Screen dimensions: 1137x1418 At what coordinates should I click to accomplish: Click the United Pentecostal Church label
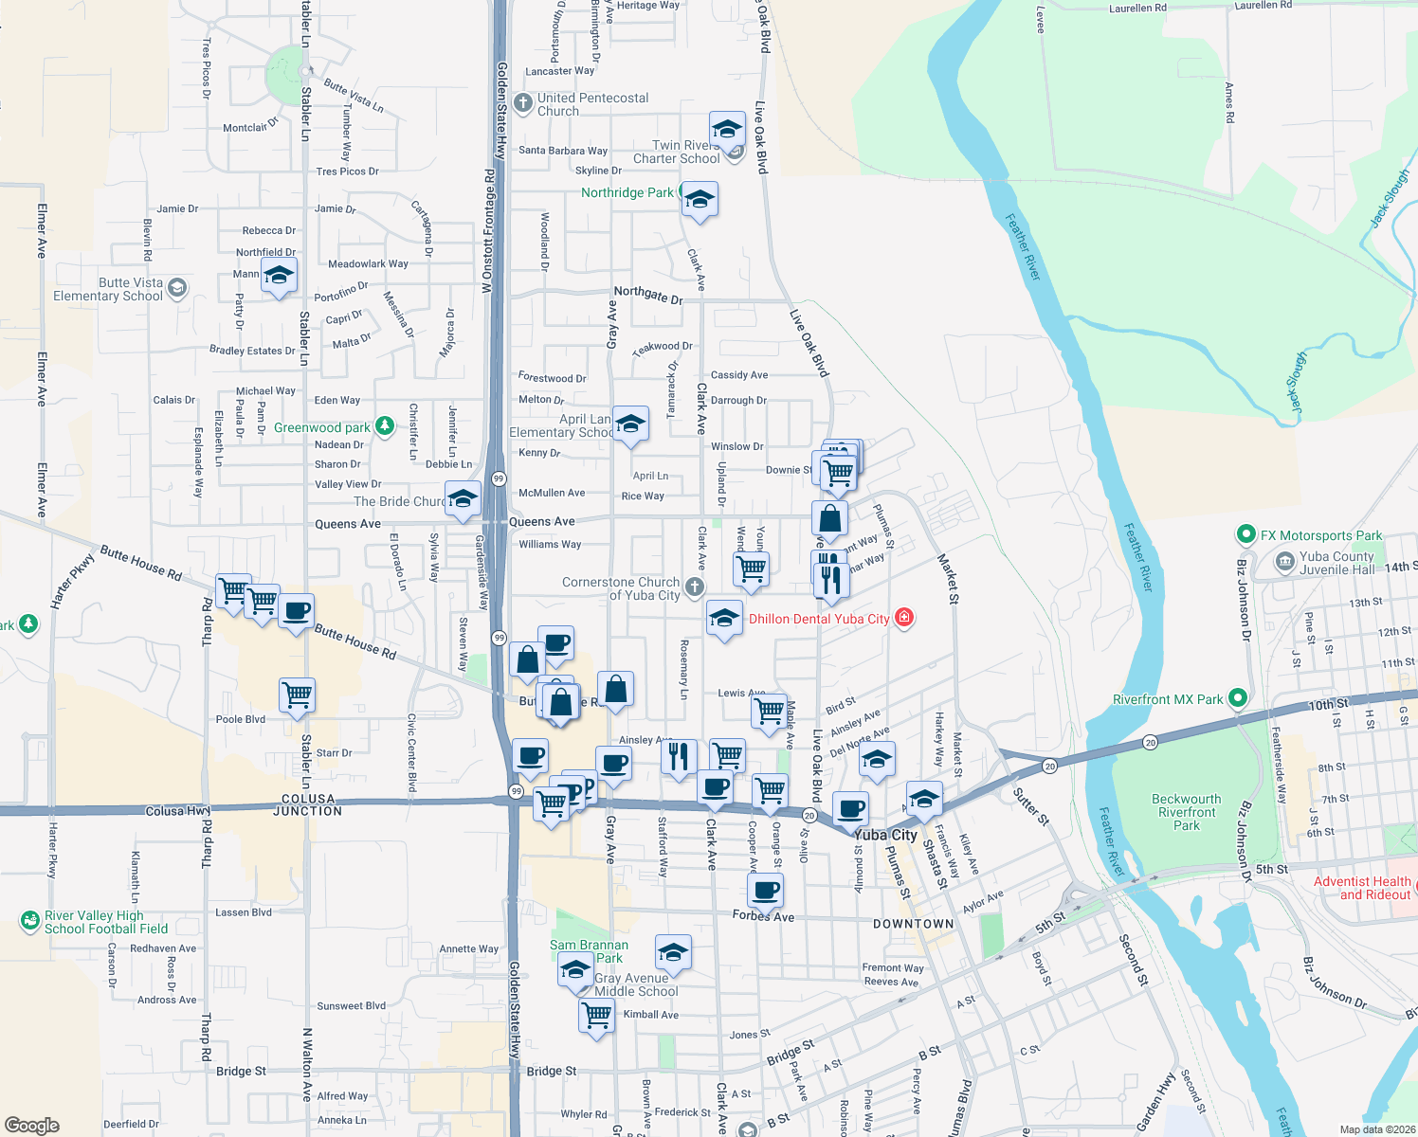point(592,104)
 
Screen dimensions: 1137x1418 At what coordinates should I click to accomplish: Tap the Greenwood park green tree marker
point(385,426)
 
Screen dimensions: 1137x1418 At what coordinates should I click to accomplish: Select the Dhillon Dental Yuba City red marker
point(904,618)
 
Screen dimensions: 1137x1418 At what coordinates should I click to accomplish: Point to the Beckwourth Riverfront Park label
point(1187,812)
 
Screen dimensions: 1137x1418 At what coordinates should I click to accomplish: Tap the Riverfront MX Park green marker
point(1238,699)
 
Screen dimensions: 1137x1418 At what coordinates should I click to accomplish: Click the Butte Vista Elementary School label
point(108,289)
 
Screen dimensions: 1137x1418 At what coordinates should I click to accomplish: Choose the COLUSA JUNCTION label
point(308,805)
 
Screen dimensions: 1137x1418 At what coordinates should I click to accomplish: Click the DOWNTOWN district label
point(914,924)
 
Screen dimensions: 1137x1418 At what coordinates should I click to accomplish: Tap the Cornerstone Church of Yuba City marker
point(695,587)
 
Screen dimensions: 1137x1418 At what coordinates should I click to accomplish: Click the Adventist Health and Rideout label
point(1362,888)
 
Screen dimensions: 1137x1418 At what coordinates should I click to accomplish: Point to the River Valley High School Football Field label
point(106,922)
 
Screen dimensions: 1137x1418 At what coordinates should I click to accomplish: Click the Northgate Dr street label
point(648,295)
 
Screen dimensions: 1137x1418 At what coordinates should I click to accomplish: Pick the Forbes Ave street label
point(763,916)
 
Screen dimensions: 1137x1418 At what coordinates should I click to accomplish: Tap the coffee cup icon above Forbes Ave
point(766,890)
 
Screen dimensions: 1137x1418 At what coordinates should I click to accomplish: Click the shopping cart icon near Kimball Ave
point(596,1015)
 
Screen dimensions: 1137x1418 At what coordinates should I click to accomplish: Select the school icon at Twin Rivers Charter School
point(727,128)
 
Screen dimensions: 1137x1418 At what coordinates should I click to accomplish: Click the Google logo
point(32,1125)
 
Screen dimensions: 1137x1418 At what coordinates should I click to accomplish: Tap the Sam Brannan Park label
point(589,951)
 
